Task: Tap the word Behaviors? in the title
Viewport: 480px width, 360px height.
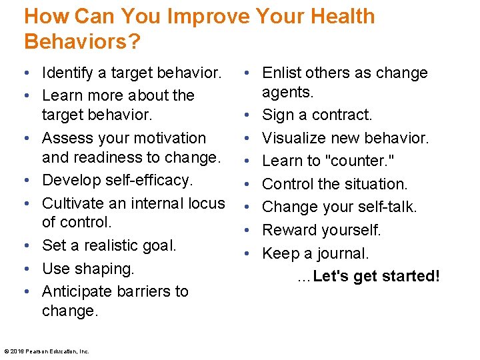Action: coord(82,41)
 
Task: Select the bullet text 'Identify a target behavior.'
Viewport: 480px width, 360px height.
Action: coord(131,72)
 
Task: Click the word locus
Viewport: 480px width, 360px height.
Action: coord(205,203)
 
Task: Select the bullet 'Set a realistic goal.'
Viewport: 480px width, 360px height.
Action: coord(109,245)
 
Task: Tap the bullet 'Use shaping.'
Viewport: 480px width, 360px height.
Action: coord(88,269)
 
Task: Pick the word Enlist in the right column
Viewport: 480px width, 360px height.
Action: coord(281,73)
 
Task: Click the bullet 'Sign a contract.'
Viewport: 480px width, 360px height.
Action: coord(317,115)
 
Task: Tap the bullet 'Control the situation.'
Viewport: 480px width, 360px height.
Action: coord(335,184)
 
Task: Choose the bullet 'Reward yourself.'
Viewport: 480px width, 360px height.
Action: coord(321,230)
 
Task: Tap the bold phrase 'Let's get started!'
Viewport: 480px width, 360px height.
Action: coord(376,276)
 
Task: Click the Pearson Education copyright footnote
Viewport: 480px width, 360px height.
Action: coord(47,351)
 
